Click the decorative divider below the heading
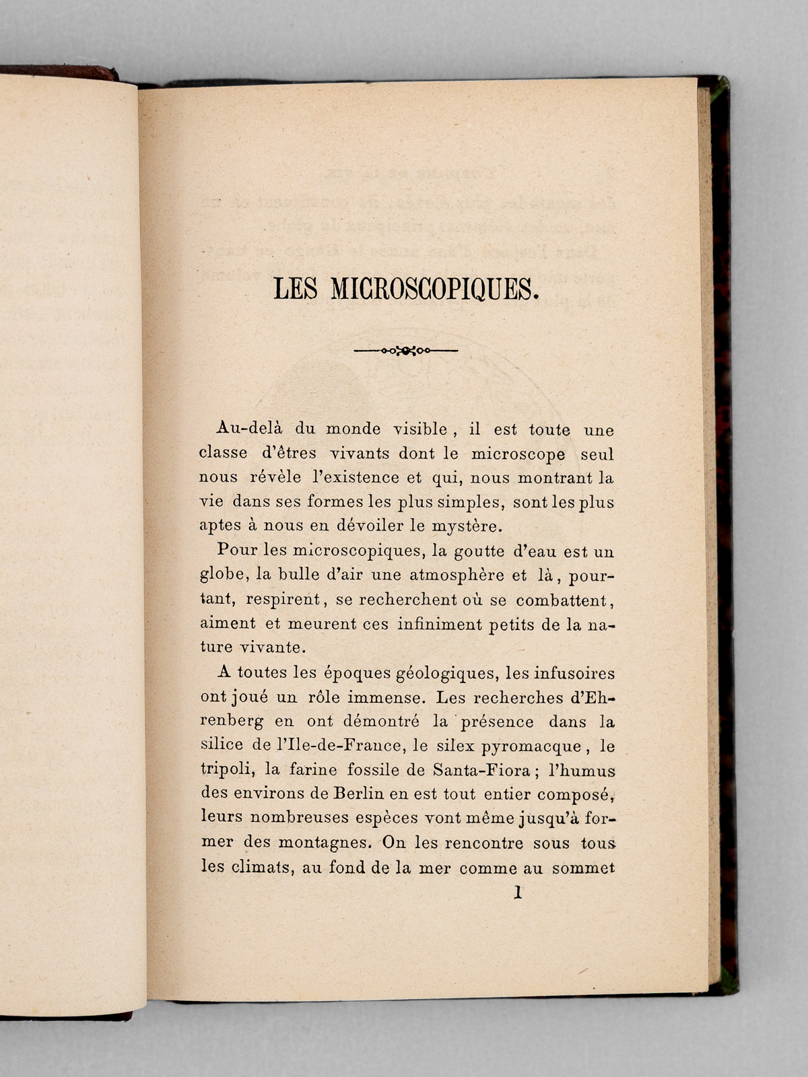click(x=405, y=350)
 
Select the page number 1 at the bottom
click(x=517, y=893)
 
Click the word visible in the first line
click(x=421, y=429)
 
